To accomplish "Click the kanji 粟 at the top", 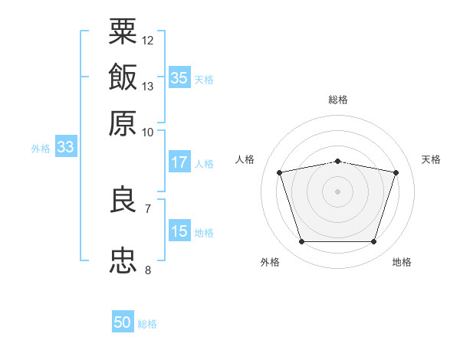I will pyautogui.click(x=123, y=31).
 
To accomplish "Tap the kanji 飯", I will pyautogui.click(x=123, y=77).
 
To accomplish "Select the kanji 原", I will pyautogui.click(x=123, y=123).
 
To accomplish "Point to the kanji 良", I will pyautogui.click(x=123, y=200).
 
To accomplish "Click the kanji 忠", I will pyautogui.click(x=123, y=261).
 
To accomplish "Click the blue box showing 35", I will pyautogui.click(x=179, y=78).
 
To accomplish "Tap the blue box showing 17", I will pyautogui.click(x=179, y=162).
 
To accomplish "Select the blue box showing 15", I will pyautogui.click(x=179, y=231).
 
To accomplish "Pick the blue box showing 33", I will pyautogui.click(x=65, y=147).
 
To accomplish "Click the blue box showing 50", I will pyautogui.click(x=123, y=322).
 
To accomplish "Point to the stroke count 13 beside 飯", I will pyautogui.click(x=148, y=86).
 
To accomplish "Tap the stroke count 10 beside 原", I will pyautogui.click(x=148, y=132).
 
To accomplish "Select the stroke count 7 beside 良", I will pyautogui.click(x=148, y=208).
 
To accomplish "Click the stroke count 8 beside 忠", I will pyautogui.click(x=148, y=270).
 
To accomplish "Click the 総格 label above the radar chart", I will pyautogui.click(x=338, y=100).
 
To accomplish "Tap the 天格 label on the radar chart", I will pyautogui.click(x=431, y=159).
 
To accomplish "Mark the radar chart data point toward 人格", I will pyautogui.click(x=280, y=173).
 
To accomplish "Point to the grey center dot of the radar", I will pyautogui.click(x=338, y=191).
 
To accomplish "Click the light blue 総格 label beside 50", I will pyautogui.click(x=147, y=324).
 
